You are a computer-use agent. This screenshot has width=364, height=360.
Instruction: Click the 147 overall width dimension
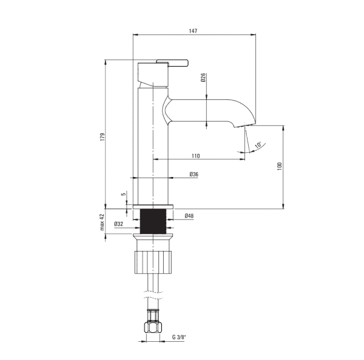point(193,31)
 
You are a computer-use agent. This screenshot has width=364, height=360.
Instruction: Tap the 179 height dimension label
point(103,136)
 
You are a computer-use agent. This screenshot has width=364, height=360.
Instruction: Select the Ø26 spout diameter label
point(203,78)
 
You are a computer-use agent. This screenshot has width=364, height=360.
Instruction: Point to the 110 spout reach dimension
point(196,156)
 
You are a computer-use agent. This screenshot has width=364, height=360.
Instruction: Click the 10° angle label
point(258,145)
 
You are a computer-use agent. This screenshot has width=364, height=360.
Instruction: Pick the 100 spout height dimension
point(280,166)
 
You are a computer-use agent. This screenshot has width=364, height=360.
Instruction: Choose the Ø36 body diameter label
point(194,174)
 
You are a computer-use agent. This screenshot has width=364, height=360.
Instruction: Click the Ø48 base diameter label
point(189,216)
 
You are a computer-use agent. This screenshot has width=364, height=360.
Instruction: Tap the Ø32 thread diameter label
point(119,224)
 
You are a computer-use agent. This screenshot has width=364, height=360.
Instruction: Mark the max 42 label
point(103,222)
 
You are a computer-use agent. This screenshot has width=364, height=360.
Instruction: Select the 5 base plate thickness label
point(124,193)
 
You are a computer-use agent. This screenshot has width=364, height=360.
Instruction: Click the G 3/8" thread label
point(179,337)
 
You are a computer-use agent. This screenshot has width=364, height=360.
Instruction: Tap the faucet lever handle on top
point(172,63)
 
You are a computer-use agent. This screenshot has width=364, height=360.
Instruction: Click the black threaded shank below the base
point(153,221)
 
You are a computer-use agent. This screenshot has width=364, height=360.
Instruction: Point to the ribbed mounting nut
point(153,262)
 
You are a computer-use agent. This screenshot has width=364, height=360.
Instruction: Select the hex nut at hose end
point(153,327)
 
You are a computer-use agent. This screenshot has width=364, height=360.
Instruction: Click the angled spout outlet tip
point(240,125)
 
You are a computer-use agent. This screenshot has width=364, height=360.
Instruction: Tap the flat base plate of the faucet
point(153,207)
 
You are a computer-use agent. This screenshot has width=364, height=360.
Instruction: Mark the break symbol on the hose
point(153,295)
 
